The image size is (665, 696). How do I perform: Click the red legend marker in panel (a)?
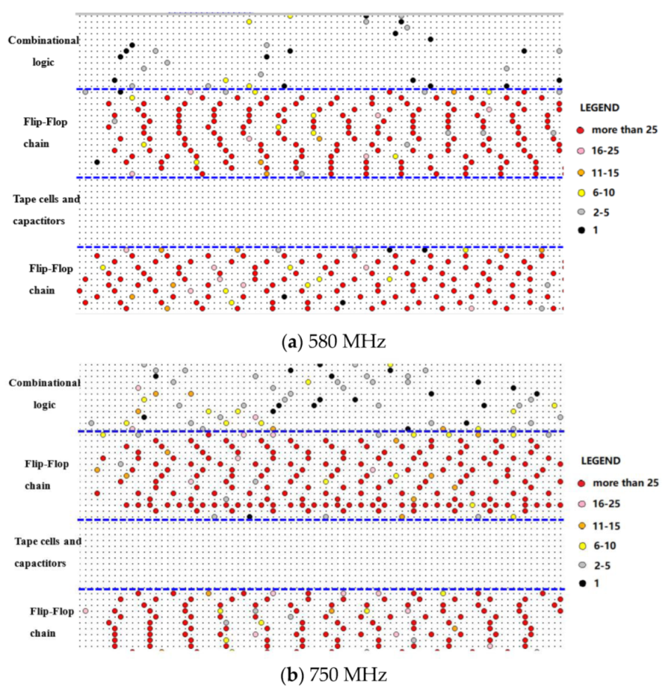pos(579,130)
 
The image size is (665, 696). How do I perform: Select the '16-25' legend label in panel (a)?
pos(604,151)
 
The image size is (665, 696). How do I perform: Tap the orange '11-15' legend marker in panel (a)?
pos(579,172)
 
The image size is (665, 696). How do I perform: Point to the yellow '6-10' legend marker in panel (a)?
pos(579,193)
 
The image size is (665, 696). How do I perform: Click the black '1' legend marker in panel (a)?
pos(579,231)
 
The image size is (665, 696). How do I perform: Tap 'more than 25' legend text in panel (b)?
pos(626,483)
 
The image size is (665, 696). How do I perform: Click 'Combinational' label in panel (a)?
pos(44,40)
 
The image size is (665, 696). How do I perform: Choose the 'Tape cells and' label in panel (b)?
pos(48,541)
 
